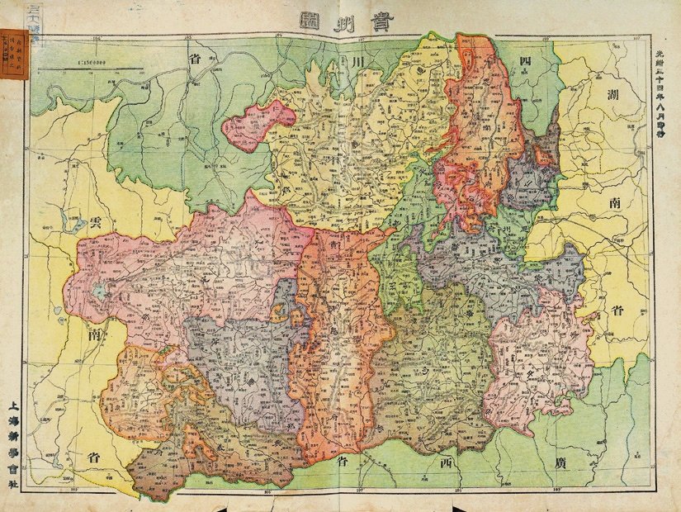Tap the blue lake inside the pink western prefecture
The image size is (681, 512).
100,291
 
